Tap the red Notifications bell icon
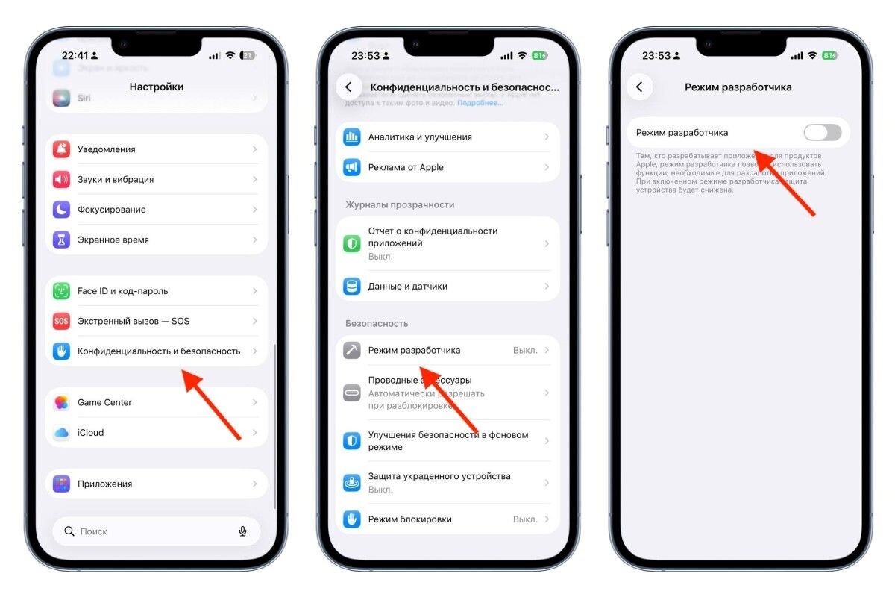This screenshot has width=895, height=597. point(62,149)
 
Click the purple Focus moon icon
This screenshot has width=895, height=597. point(62,210)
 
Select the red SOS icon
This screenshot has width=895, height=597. point(62,321)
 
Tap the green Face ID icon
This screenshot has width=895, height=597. point(62,291)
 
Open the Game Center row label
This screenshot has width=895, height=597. point(104,402)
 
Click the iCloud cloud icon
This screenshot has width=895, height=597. point(62,433)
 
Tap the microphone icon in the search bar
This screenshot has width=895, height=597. point(242,531)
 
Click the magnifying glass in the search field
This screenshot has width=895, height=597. point(69,531)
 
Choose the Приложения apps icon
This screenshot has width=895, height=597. point(62,484)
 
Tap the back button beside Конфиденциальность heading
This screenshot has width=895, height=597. point(348,87)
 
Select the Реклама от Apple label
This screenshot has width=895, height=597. point(406,167)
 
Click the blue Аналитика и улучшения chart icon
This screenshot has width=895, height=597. point(352,137)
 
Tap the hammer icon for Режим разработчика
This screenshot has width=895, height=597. point(352,350)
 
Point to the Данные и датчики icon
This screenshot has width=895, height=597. point(352,286)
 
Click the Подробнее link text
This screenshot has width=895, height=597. point(480,103)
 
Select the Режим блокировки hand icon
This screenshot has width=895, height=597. point(352,519)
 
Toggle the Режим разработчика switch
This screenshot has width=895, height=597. point(822,133)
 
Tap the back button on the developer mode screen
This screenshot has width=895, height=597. point(639,87)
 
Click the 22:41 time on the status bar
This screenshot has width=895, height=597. point(74,56)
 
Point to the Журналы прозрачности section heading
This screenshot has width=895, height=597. point(400,204)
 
